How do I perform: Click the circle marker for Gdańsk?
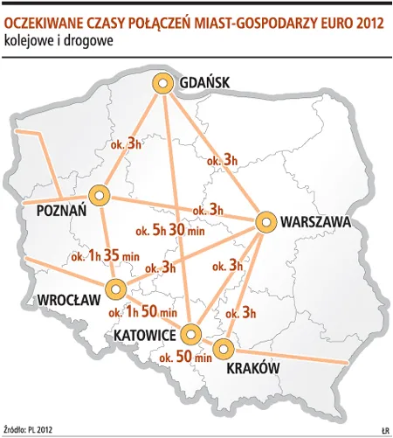point(162,84)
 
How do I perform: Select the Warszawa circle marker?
point(265,222)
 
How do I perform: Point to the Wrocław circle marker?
point(114,290)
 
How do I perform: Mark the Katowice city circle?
point(190,333)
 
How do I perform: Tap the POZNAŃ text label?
point(61,212)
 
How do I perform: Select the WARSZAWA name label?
point(315,223)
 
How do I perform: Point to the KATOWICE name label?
point(145,335)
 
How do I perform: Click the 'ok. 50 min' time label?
point(186,357)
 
